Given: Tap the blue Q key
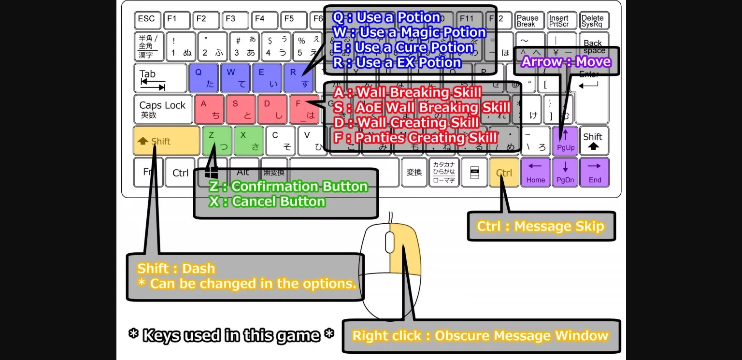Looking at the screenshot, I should tap(204, 77).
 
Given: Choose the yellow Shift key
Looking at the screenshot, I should tap(166, 141).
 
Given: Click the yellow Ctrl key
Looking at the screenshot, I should tap(504, 173).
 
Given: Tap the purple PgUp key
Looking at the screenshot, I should tap(565, 141).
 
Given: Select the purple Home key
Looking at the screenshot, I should tap(536, 173).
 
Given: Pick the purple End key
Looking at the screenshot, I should tap(595, 173).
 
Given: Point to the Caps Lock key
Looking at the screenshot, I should tap(163, 109).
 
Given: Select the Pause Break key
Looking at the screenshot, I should tap(528, 21).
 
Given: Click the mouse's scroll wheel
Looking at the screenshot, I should tap(389, 242).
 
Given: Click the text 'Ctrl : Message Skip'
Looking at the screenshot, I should tap(541, 226).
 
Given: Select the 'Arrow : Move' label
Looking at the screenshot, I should tap(566, 62).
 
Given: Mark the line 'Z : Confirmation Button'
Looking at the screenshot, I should tap(288, 187).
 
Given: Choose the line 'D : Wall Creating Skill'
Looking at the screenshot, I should tap(406, 123).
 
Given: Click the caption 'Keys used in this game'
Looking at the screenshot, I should tap(231, 335).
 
